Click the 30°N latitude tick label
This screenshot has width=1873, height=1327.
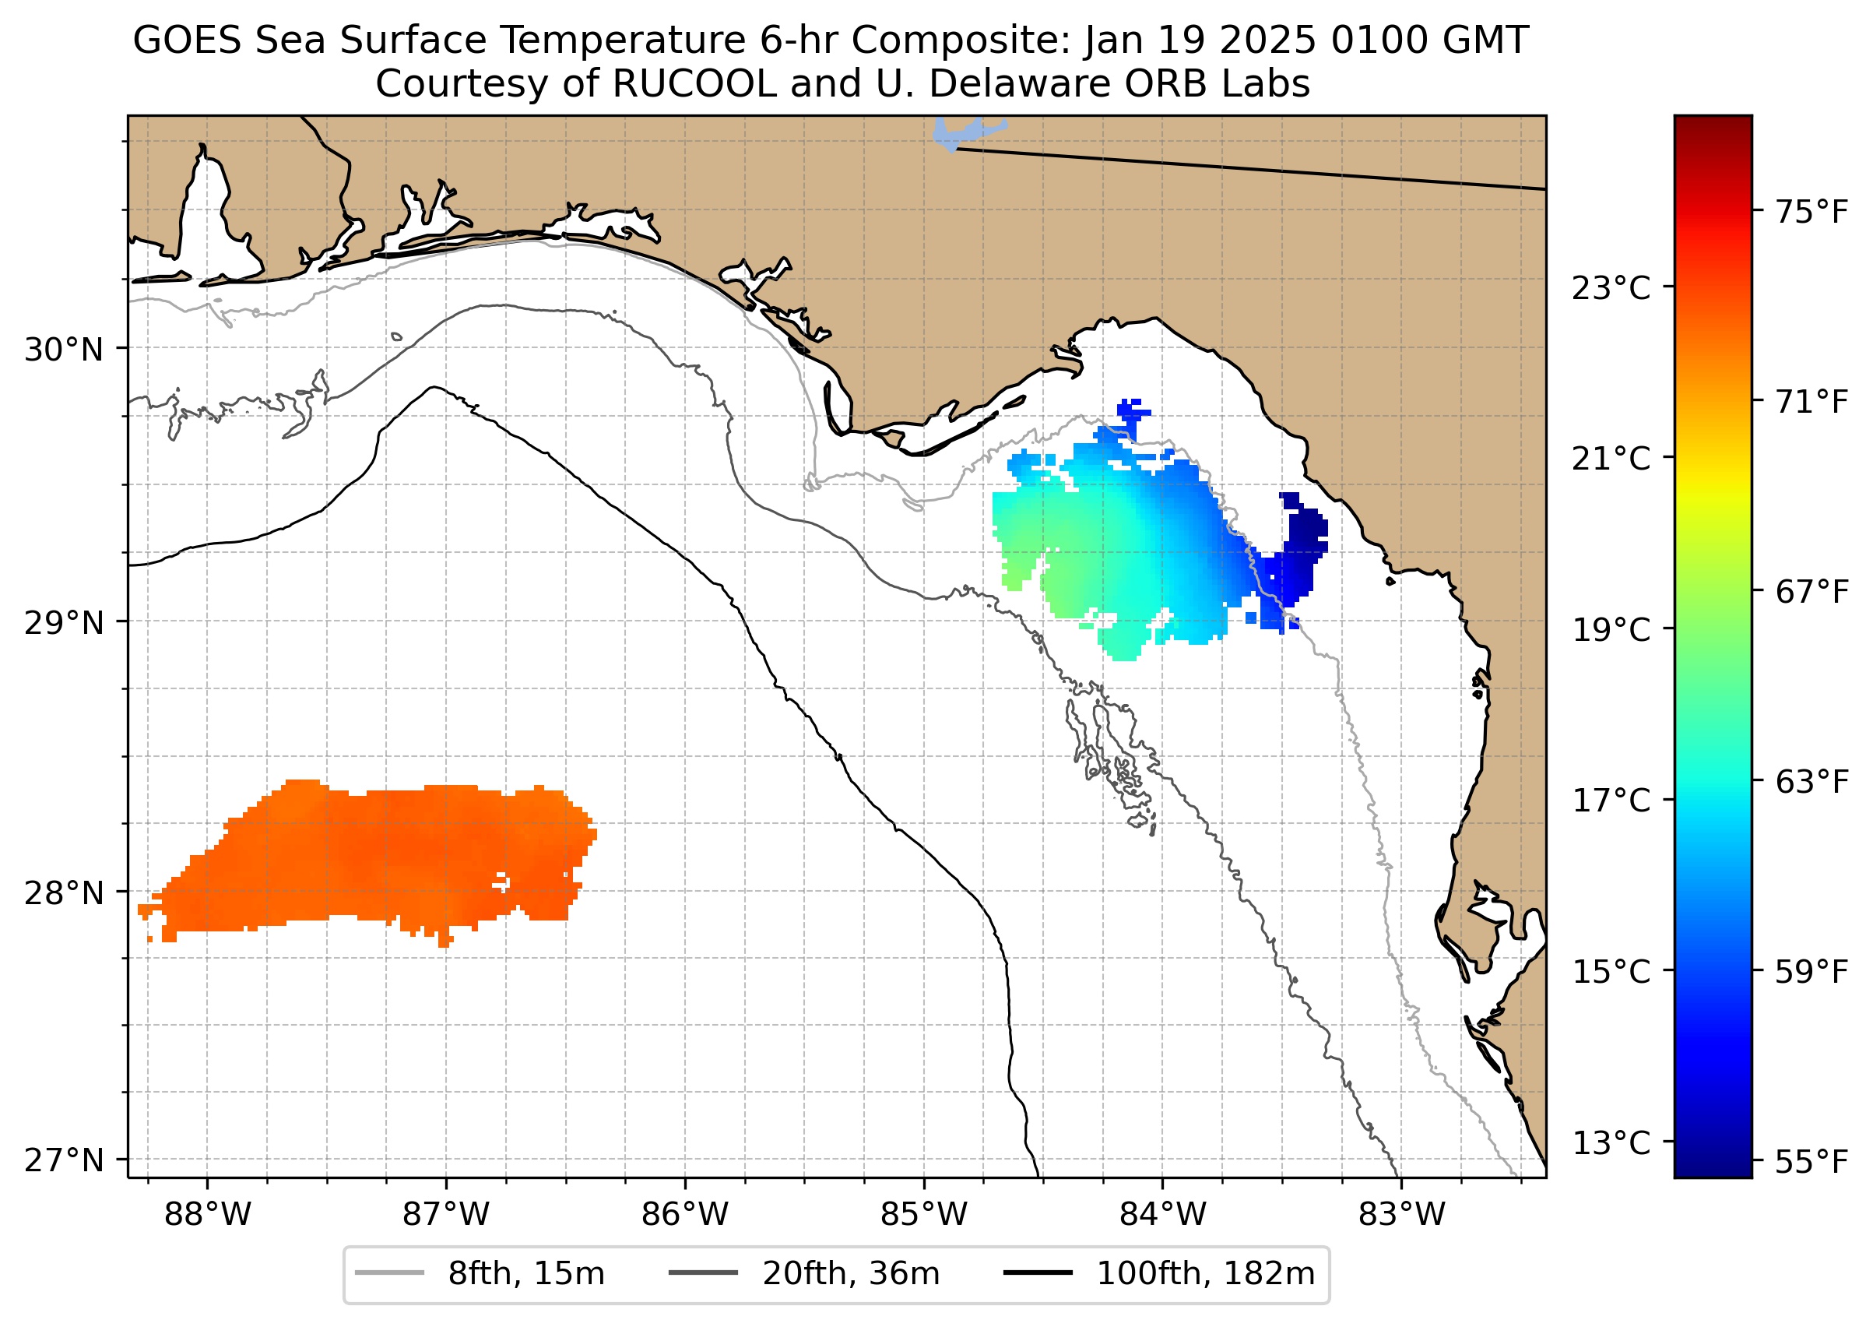64,350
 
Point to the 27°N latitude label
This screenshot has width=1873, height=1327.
64,1160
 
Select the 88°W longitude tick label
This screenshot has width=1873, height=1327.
208,1215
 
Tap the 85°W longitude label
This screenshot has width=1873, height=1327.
924,1215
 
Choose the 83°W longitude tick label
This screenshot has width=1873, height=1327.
1402,1215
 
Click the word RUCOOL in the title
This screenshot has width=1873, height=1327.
694,84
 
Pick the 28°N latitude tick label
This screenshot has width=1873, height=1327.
64,893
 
